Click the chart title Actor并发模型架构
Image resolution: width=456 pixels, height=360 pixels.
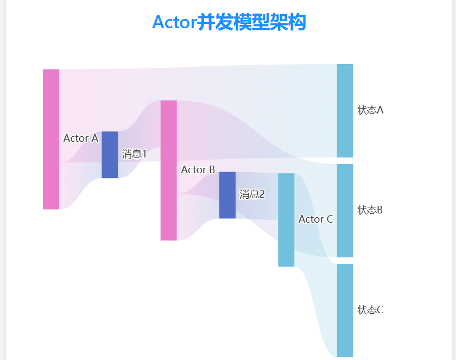[229, 23]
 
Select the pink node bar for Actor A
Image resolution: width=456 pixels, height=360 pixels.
[51, 139]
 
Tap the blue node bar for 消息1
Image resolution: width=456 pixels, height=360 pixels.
[110, 155]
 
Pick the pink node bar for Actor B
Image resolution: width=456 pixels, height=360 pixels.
[168, 170]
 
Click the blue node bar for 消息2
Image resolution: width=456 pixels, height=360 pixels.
[227, 195]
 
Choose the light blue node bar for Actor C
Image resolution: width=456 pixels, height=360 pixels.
[286, 220]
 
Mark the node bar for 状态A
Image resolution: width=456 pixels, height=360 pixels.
[345, 111]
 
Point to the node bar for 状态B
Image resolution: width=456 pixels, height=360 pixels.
[345, 211]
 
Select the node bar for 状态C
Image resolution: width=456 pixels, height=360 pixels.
[345, 311]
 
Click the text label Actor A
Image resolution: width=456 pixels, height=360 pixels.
[80, 138]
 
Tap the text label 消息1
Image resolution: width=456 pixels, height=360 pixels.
[134, 154]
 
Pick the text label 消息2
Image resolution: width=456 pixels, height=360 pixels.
[252, 194]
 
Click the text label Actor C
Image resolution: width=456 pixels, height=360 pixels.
[315, 219]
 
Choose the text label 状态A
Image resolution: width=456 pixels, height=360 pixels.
[370, 110]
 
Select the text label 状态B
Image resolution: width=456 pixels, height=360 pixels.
[370, 210]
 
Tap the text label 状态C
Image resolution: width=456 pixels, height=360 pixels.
[370, 310]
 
